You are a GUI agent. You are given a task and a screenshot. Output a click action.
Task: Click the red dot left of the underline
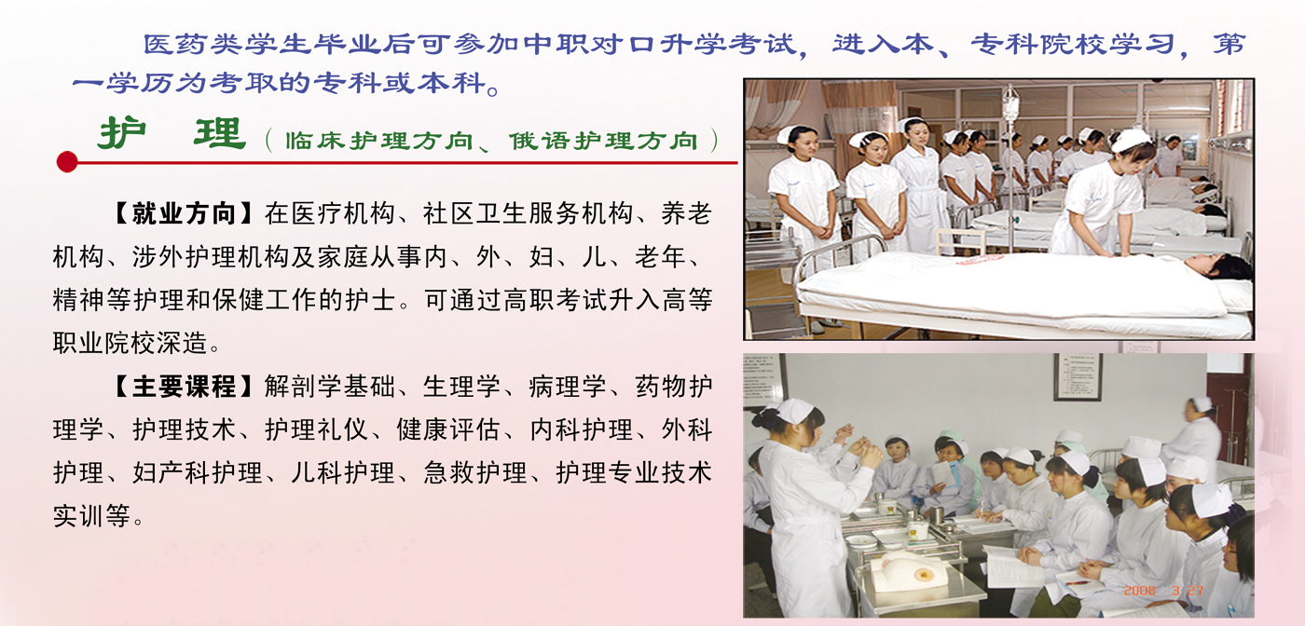click(x=67, y=161)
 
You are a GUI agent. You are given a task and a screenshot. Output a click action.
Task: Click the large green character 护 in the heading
click(x=122, y=133)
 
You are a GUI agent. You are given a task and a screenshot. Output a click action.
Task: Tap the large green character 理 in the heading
click(x=220, y=133)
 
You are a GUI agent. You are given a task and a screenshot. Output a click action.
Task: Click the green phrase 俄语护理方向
click(x=604, y=141)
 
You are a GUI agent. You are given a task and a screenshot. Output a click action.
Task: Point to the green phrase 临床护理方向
click(x=379, y=141)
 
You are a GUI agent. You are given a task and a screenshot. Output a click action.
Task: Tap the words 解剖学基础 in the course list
click(x=330, y=386)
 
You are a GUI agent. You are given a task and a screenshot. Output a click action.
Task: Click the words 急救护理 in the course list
click(x=475, y=472)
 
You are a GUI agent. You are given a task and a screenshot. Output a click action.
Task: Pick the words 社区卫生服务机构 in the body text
click(x=529, y=213)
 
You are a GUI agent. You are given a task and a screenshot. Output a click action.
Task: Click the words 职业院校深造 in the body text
click(x=130, y=343)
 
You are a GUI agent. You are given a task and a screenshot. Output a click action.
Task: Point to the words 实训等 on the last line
click(x=91, y=515)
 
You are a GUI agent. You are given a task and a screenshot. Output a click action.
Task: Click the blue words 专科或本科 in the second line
click(x=400, y=83)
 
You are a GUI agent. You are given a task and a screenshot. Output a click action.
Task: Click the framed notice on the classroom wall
click(x=1078, y=376)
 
